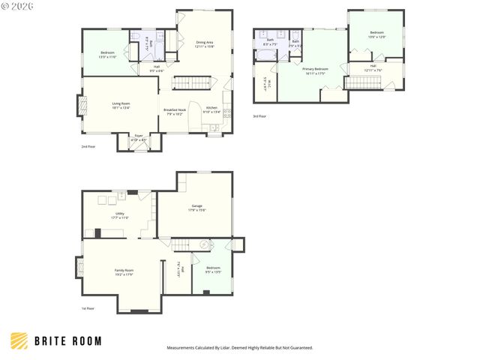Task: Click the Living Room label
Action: tap(121, 106)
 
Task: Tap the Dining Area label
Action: tap(205, 45)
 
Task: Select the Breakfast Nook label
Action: tap(175, 112)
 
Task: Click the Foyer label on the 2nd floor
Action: tap(139, 137)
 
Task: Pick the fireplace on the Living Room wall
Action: tap(77, 105)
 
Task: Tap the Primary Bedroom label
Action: tap(316, 71)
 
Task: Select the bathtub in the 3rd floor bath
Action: tap(268, 55)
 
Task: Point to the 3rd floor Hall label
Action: tap(373, 70)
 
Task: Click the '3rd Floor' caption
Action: tap(259, 116)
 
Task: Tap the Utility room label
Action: tap(119, 215)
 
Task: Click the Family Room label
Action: tap(124, 272)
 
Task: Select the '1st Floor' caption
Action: tap(88, 308)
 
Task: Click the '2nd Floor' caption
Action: tap(88, 147)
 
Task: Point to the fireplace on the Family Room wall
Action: tap(77, 268)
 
